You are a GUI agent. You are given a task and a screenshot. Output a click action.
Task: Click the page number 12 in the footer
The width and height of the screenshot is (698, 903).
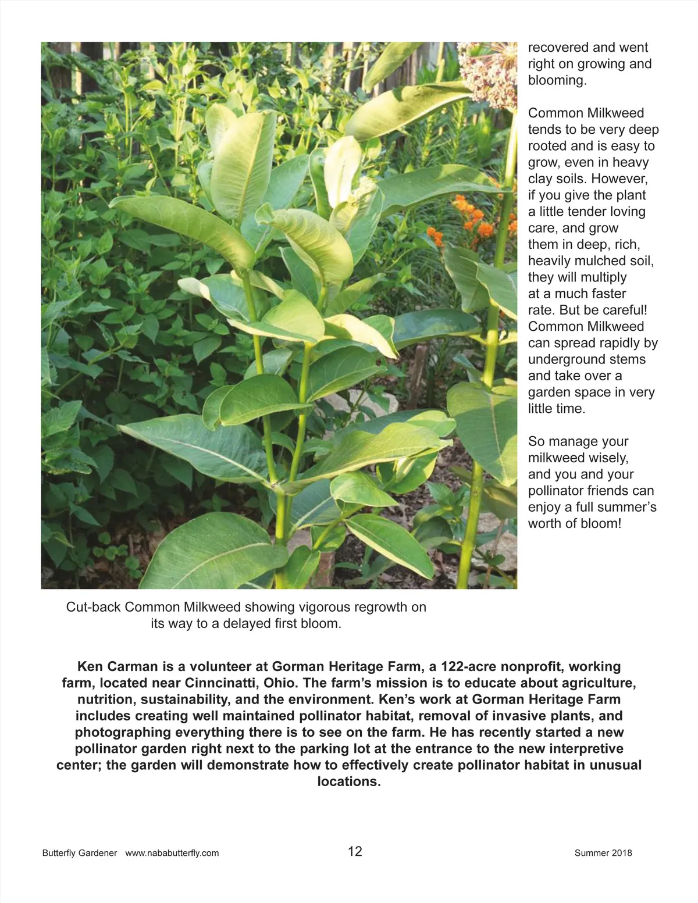(355, 852)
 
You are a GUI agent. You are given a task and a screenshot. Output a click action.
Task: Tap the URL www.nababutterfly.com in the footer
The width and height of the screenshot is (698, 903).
(172, 853)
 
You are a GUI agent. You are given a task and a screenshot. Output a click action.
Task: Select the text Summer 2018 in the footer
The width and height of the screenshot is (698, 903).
(603, 853)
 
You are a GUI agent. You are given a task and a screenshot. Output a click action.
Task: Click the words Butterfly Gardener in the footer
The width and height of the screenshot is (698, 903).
(80, 853)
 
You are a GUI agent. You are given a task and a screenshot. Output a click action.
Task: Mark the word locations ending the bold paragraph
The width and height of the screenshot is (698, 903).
(348, 781)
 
